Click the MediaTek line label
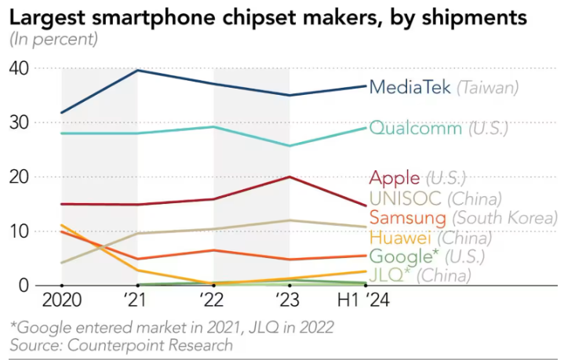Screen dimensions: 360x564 409,87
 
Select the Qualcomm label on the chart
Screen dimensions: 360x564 415,128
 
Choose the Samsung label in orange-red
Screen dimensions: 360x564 407,217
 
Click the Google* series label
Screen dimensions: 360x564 402,256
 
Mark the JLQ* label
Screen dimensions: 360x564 389,275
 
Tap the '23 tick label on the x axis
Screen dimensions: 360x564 289,300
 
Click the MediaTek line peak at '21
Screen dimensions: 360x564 137,71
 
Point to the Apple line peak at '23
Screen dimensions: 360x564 289,177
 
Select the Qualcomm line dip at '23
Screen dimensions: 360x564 289,146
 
